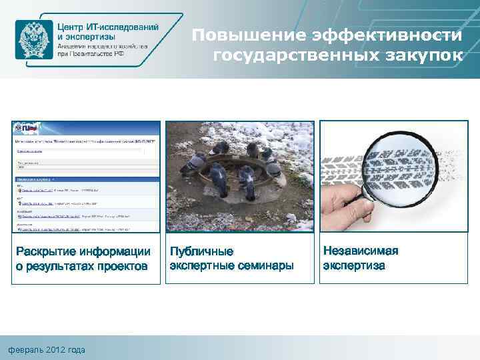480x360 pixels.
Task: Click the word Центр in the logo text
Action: [71, 25]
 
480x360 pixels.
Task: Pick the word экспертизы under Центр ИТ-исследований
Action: [91, 36]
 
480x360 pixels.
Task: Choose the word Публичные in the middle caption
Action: [202, 251]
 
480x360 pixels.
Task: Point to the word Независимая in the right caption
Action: [361, 251]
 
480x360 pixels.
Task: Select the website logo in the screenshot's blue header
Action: [27, 127]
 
